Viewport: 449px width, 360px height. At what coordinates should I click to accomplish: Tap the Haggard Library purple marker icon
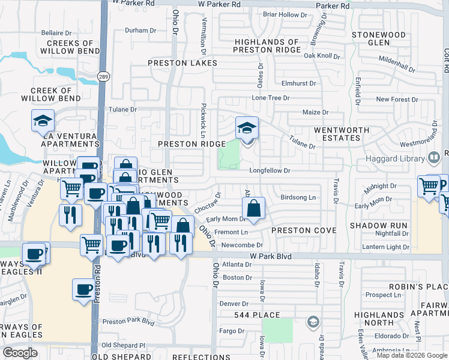click(x=433, y=158)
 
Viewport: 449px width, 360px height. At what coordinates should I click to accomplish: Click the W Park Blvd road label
click(x=270, y=256)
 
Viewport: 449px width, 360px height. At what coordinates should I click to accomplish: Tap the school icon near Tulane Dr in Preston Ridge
click(x=247, y=128)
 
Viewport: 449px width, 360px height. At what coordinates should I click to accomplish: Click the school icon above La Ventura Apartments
click(x=43, y=121)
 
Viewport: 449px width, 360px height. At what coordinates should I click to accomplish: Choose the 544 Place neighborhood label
click(x=258, y=315)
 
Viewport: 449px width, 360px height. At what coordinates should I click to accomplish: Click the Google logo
click(x=20, y=353)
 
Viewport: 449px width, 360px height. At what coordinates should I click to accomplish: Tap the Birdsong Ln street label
click(x=298, y=197)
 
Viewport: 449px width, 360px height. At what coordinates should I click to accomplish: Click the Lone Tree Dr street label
click(x=271, y=97)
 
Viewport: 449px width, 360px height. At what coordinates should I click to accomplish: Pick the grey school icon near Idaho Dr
click(x=313, y=322)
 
